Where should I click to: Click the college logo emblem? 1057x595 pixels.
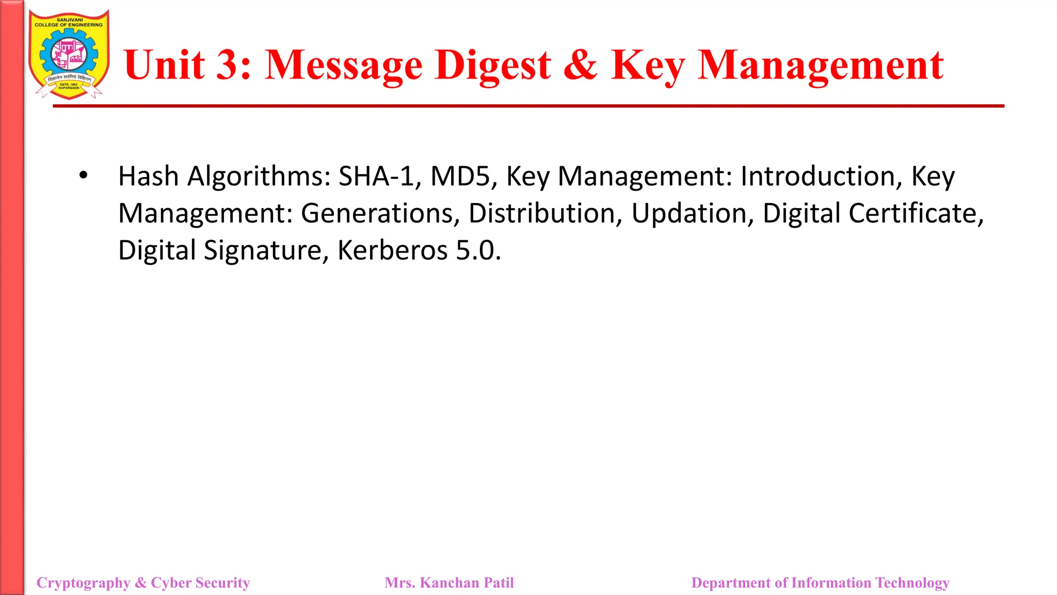coord(69,55)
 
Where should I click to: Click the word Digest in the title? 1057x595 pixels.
coord(492,66)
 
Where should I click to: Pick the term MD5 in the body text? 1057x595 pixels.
coord(460,176)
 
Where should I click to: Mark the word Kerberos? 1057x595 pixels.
coord(392,250)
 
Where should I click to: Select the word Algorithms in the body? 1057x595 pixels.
coord(259,176)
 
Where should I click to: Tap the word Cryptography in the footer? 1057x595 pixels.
coord(84,583)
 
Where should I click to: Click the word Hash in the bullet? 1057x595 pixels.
coord(148,176)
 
